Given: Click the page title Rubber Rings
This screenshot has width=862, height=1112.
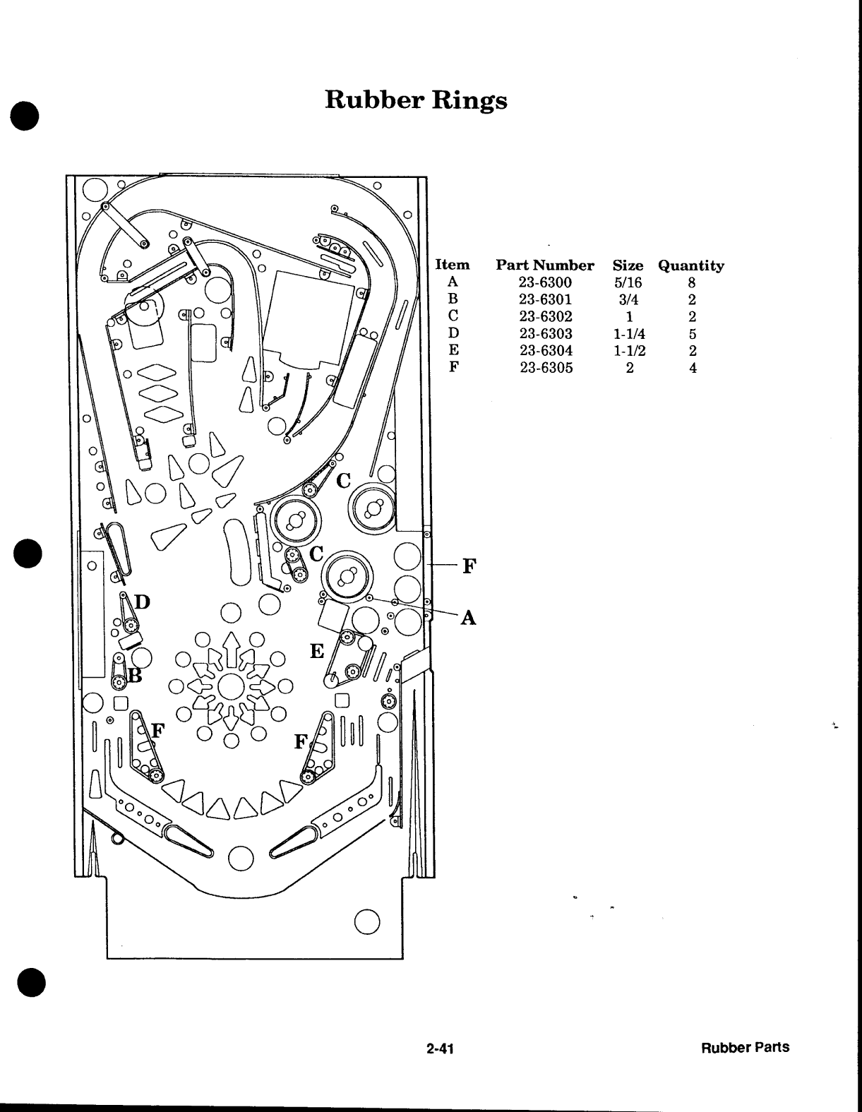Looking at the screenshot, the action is click(416, 100).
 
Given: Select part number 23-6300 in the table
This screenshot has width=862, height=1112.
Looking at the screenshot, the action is click(545, 282).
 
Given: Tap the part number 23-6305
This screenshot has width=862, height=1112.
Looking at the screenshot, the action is click(546, 367).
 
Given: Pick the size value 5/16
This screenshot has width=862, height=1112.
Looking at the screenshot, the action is click(628, 282).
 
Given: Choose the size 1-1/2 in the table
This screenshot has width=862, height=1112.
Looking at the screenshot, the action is click(630, 350).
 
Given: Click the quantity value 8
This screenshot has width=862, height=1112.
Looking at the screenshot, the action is click(692, 282).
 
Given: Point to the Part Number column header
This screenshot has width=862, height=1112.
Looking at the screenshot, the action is click(545, 265).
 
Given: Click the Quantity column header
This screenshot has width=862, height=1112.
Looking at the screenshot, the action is click(691, 265).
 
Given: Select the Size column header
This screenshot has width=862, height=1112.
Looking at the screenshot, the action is click(628, 265).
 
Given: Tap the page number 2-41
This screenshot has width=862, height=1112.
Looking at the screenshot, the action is click(440, 1048).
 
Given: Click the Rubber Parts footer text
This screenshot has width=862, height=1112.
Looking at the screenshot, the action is click(745, 1048).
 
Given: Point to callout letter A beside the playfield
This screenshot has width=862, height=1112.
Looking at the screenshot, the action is click(468, 618).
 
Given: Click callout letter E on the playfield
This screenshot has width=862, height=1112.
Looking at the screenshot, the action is click(317, 651).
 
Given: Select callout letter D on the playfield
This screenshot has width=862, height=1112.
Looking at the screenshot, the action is click(142, 602).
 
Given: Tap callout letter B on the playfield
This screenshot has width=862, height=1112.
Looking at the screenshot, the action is click(135, 676).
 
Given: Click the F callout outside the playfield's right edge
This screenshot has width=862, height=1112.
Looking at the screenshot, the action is click(469, 566).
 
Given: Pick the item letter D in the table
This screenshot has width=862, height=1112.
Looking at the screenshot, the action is click(453, 333).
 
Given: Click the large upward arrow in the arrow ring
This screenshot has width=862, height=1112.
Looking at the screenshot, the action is click(232, 650).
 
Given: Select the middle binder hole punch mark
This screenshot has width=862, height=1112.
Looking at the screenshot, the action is click(28, 554).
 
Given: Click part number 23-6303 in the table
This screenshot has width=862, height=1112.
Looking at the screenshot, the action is click(546, 334).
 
